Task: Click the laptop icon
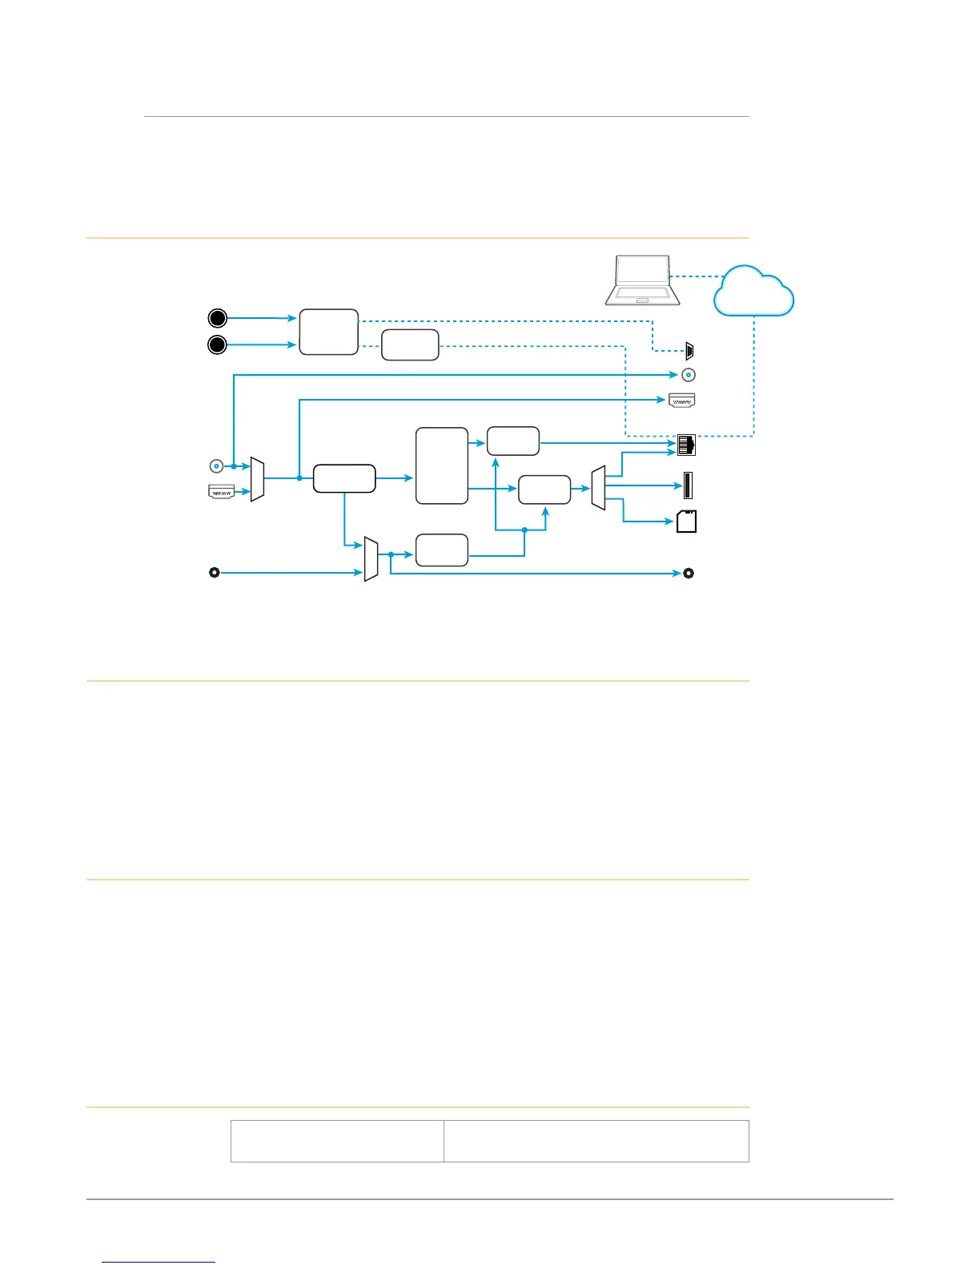click(x=643, y=280)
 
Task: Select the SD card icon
click(x=686, y=521)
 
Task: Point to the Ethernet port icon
click(x=686, y=445)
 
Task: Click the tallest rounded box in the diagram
click(x=442, y=465)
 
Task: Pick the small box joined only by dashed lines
click(x=410, y=344)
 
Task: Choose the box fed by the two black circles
click(x=328, y=332)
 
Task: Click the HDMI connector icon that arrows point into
click(x=682, y=399)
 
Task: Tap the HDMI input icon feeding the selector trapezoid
click(x=221, y=492)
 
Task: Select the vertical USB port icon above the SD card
click(x=688, y=485)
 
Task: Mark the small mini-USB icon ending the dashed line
click(x=691, y=350)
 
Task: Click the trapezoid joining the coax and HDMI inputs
click(x=257, y=479)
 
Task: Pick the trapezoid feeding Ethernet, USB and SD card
click(x=598, y=487)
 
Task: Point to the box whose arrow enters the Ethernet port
click(x=513, y=441)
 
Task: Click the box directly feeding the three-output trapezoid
click(x=544, y=489)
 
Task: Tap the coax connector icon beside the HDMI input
click(x=215, y=465)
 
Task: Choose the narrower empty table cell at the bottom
click(x=337, y=1141)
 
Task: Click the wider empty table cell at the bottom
click(x=596, y=1141)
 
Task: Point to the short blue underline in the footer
click(x=159, y=1262)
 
